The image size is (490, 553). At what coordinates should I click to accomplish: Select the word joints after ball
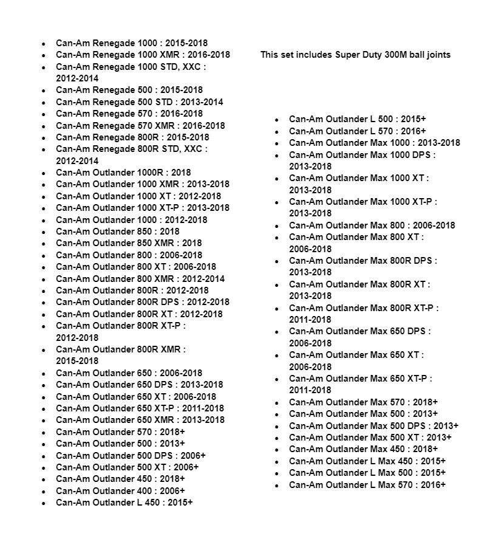[x=437, y=55]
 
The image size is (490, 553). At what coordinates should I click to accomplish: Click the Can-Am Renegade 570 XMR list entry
[x=140, y=126]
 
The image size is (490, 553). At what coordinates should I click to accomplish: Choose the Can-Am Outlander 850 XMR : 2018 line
[x=129, y=243]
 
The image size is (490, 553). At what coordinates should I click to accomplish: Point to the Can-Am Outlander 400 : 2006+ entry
[x=120, y=491]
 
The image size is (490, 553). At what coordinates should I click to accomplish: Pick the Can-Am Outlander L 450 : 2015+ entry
[x=124, y=503]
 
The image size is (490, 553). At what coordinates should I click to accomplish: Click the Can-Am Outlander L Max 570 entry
[x=367, y=485]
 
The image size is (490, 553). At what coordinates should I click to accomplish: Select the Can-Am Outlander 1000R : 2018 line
[x=123, y=173]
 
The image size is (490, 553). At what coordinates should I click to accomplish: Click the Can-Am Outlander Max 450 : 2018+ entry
[x=363, y=449]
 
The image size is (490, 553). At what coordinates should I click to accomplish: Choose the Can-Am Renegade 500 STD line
[x=139, y=102]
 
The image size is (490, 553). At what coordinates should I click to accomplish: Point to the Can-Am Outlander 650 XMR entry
[x=140, y=420]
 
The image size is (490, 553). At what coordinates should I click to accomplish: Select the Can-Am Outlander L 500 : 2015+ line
[x=357, y=119]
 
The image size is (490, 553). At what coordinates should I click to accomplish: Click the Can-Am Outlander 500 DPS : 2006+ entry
[x=131, y=455]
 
